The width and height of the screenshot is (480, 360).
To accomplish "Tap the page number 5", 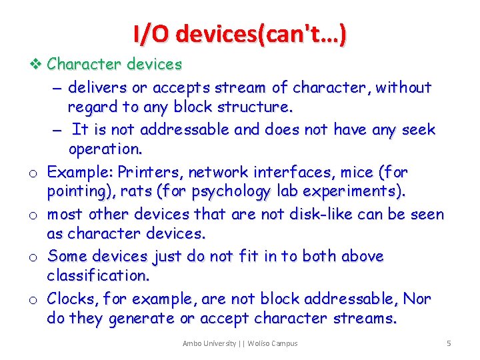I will (x=449, y=343).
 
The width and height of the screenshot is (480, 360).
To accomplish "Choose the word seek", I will (x=417, y=129).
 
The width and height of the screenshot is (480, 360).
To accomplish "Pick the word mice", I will (x=355, y=173).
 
